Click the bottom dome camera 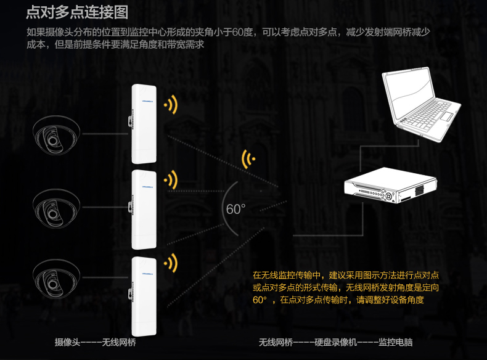56,274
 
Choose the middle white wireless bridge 142,207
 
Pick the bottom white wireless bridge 142,293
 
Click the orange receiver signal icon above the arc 250,158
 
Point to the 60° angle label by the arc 235,210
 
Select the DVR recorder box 390,186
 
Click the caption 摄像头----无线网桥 95,342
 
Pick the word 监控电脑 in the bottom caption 395,342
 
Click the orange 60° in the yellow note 260,300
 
